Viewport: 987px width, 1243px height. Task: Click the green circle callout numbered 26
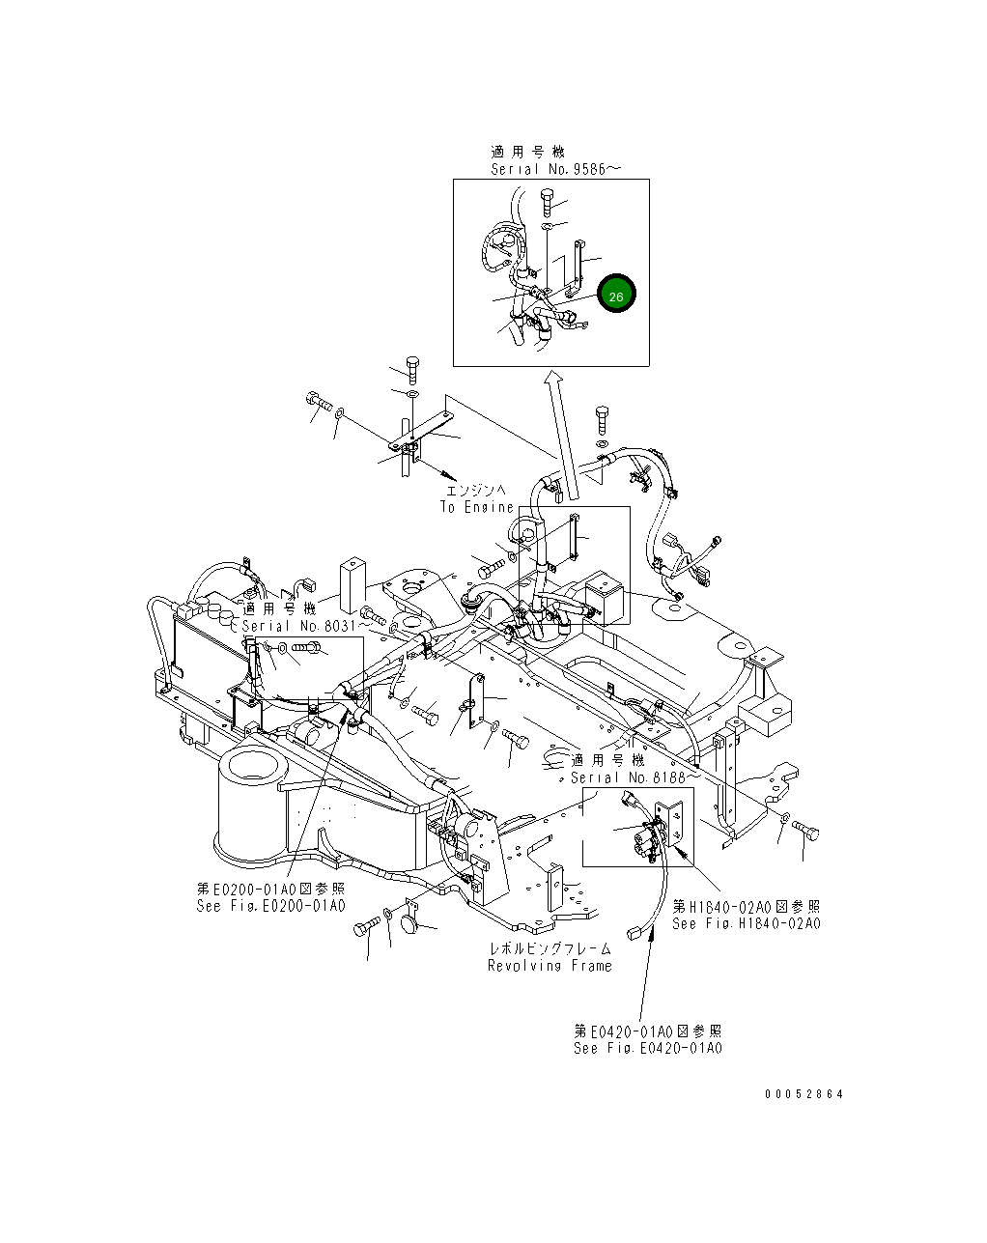tap(616, 295)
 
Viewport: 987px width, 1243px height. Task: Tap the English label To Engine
tap(477, 507)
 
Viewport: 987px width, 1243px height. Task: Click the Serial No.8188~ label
tap(634, 777)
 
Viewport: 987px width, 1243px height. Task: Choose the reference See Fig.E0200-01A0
tap(270, 906)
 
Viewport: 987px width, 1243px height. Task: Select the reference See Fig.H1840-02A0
tap(746, 923)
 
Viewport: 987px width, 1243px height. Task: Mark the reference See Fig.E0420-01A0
tap(647, 1048)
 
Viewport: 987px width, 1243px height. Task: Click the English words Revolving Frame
tap(550, 966)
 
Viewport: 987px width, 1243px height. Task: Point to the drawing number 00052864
tap(804, 1094)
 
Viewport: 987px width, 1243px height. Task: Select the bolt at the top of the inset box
tap(548, 204)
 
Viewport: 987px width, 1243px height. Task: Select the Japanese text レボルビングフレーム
tap(550, 949)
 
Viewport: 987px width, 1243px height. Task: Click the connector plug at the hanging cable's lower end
tap(635, 932)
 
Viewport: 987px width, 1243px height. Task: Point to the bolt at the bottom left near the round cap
tap(366, 929)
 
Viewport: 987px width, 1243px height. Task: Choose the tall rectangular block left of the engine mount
tap(352, 587)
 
